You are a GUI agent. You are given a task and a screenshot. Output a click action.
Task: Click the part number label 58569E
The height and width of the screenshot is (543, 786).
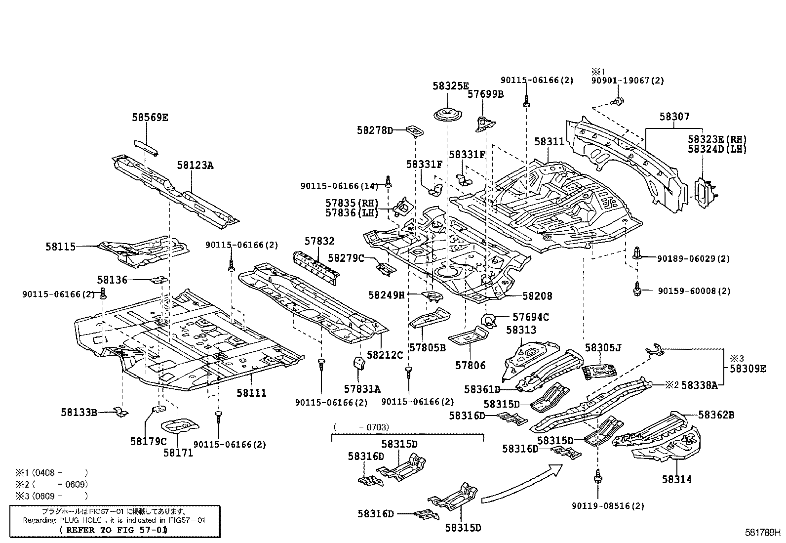[x=150, y=118]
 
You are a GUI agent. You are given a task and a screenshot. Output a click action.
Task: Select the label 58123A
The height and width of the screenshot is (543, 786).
[x=195, y=166]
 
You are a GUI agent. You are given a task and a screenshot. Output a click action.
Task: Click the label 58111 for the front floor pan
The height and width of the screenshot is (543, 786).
[x=251, y=393]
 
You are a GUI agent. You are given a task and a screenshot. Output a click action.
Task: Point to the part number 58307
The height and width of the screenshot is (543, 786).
[x=674, y=117]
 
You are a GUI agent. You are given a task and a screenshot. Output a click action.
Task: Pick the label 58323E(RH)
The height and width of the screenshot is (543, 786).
[x=717, y=140]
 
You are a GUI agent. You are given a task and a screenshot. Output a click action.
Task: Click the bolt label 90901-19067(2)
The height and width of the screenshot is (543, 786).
[x=628, y=81]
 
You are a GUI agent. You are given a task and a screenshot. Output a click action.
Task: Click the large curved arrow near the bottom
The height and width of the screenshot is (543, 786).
[x=523, y=484]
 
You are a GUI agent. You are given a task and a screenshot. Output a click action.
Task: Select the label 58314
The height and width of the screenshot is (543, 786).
[x=677, y=479]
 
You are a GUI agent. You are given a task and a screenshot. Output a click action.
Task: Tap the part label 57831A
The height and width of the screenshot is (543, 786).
[x=362, y=389]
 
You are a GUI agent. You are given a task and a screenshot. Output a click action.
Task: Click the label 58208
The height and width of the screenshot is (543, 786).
[x=537, y=296]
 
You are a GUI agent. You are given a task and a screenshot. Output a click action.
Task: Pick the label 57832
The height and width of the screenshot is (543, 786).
[x=319, y=241]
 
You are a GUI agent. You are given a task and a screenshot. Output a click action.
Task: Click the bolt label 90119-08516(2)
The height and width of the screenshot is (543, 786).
[x=608, y=506]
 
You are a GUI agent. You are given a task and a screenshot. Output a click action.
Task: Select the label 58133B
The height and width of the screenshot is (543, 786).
[x=79, y=412]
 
